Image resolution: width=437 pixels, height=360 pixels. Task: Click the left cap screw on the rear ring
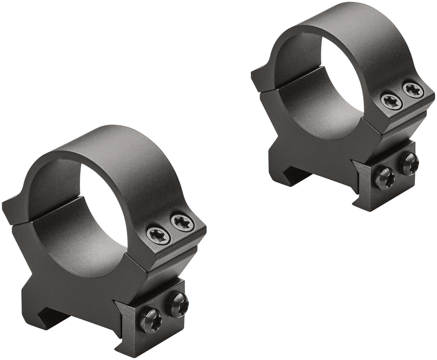[x=389, y=101]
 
